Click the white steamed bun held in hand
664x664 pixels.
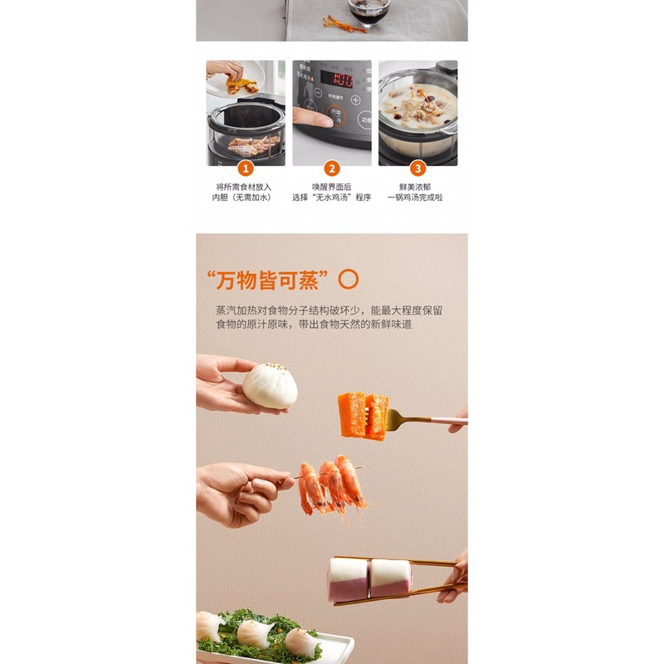(270, 385)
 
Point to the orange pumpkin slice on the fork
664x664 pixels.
(363, 414)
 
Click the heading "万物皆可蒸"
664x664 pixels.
(266, 279)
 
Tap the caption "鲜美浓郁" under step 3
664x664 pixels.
(417, 187)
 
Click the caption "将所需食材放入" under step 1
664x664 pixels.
(243, 187)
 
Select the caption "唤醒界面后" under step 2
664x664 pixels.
(332, 187)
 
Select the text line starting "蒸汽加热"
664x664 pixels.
(329, 310)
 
